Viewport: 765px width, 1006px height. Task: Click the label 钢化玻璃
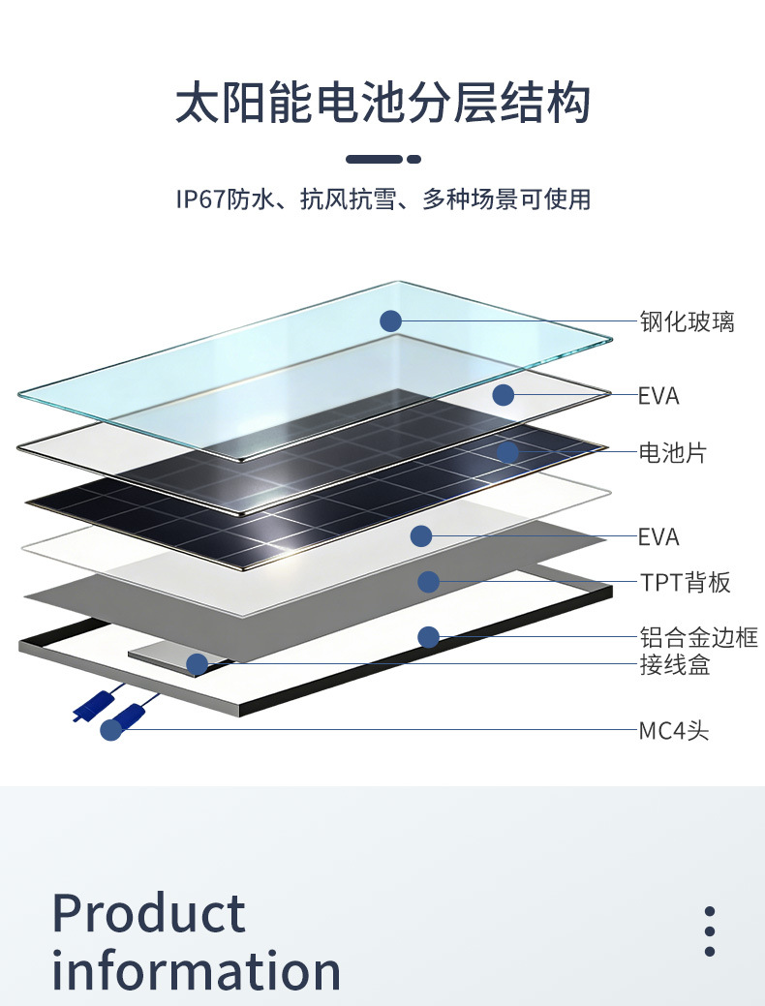click(x=687, y=321)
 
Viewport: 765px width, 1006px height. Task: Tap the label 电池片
click(x=672, y=452)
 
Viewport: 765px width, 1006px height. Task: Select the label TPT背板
click(x=685, y=582)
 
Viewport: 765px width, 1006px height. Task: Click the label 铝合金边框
click(x=698, y=637)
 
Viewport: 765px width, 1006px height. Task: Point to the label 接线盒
click(x=674, y=665)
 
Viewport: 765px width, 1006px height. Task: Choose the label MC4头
click(x=673, y=730)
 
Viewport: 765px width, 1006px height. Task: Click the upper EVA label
click(x=658, y=396)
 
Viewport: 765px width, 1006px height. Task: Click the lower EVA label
click(x=658, y=536)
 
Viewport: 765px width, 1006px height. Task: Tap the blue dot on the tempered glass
click(x=390, y=321)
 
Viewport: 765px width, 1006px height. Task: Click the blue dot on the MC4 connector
click(x=111, y=730)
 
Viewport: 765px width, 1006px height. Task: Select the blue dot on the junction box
click(x=197, y=664)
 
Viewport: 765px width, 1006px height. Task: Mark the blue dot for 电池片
click(x=508, y=452)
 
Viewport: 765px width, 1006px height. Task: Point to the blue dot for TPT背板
click(x=429, y=582)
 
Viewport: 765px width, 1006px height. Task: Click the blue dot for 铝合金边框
click(x=429, y=637)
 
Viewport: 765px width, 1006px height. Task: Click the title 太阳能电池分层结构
click(x=382, y=104)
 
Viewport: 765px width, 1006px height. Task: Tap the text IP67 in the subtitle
click(x=199, y=199)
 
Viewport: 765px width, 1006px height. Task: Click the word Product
click(x=149, y=913)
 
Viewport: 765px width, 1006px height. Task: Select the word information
click(x=197, y=970)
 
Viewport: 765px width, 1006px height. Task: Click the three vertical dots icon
click(x=710, y=932)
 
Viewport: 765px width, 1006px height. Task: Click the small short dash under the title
click(x=414, y=159)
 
